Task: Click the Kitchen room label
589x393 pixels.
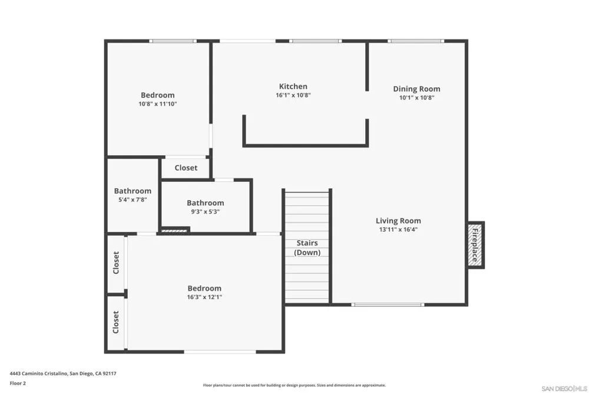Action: click(293, 86)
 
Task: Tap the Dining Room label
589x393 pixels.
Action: click(416, 89)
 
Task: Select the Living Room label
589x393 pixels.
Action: click(398, 221)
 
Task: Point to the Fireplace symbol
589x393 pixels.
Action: click(475, 245)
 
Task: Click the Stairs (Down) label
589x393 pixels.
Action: click(307, 248)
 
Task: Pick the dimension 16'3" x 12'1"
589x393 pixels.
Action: click(205, 297)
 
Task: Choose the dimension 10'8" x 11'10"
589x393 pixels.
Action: click(158, 104)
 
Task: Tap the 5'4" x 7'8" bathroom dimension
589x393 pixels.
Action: click(133, 200)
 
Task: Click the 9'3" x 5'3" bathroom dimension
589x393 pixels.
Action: click(206, 212)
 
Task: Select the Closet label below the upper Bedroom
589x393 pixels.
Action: click(186, 168)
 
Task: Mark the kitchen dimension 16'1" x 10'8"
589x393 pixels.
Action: click(293, 95)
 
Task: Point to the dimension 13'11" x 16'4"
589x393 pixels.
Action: click(398, 229)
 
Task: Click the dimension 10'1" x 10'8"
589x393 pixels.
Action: click(417, 98)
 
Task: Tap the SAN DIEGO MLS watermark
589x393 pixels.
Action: click(564, 388)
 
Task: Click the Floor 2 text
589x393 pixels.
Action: click(18, 383)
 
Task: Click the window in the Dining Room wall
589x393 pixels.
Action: click(416, 41)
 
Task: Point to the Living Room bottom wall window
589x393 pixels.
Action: click(388, 304)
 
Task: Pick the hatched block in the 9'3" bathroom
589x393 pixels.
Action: click(174, 230)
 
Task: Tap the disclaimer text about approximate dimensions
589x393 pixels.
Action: click(294, 385)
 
